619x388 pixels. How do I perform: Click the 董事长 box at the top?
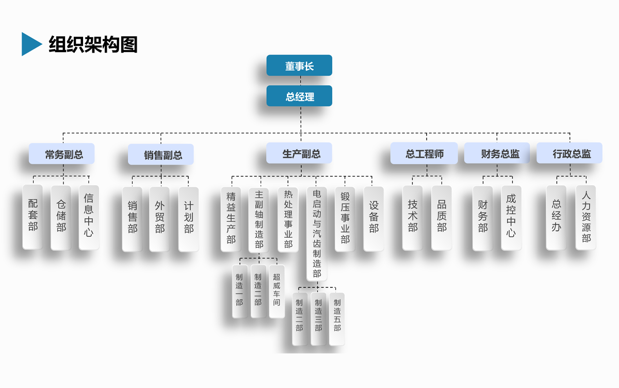point(299,66)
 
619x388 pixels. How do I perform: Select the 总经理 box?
point(299,96)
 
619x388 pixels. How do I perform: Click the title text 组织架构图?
point(93,44)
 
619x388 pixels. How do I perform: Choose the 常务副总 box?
point(62,154)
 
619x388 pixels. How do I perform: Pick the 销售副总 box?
point(161,154)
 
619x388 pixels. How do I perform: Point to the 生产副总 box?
point(299,153)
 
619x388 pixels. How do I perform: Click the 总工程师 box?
point(424,153)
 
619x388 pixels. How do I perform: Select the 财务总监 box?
point(497,153)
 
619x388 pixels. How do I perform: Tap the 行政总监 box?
point(569,153)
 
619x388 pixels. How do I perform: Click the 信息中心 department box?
point(89,218)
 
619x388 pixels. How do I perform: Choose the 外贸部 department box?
point(160,219)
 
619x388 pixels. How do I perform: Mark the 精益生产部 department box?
point(231,219)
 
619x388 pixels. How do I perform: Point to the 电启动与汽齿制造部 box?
point(317,234)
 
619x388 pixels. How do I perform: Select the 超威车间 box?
point(276,291)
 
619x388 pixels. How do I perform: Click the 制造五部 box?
point(337,319)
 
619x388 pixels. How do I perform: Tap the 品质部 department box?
point(442,218)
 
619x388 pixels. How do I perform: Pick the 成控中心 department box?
point(511,218)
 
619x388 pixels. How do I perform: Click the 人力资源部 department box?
point(586,218)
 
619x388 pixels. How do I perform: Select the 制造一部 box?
point(239,291)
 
